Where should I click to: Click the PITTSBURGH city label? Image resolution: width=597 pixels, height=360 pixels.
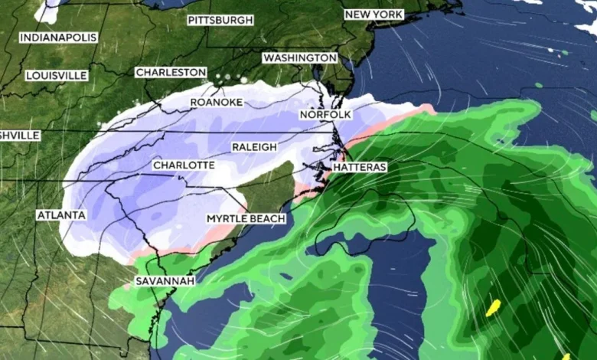coord(220,20)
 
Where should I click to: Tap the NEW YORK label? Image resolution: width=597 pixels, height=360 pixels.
coord(374,15)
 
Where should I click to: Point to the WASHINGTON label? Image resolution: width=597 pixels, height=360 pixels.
coord(299,57)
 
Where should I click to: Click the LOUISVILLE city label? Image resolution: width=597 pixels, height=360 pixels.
coord(57,75)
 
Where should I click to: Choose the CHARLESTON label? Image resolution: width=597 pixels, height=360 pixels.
coord(171,72)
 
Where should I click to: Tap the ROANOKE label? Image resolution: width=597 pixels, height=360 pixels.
coord(216,102)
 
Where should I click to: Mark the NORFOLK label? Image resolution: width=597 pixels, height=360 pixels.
coord(325,114)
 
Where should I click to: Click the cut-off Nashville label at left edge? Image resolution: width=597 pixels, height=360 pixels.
coord(20,135)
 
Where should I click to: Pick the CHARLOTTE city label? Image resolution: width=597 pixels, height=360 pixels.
coord(183,165)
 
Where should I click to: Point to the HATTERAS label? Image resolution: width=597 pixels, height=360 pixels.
coord(360,166)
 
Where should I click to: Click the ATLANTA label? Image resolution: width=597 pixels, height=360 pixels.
coord(61,215)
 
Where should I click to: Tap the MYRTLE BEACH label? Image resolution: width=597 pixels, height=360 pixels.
coord(246,219)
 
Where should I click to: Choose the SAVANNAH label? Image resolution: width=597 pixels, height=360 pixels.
coord(165,281)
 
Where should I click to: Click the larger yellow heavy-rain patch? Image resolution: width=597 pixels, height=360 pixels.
coord(494,307)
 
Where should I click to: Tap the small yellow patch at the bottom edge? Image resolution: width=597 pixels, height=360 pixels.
coord(566,356)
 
